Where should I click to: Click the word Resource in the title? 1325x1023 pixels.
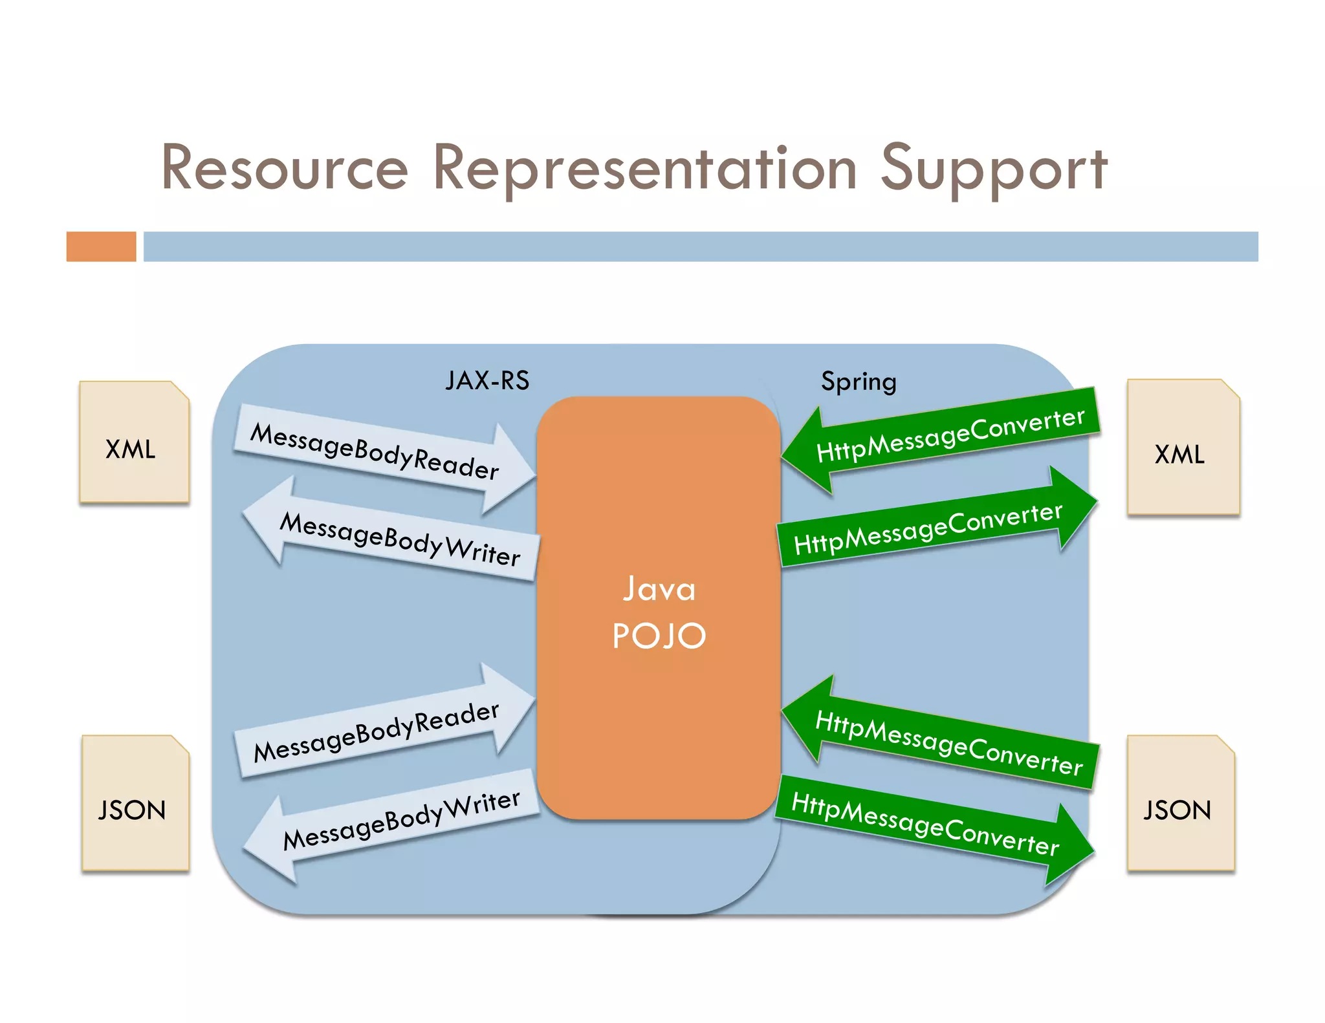tap(285, 168)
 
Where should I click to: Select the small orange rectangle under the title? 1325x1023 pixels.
tap(101, 246)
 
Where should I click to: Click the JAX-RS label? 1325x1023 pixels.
tap(487, 381)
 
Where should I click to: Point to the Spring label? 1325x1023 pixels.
tap(859, 382)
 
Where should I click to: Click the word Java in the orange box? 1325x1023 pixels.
tap(659, 589)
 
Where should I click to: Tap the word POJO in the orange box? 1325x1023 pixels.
tap(659, 636)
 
